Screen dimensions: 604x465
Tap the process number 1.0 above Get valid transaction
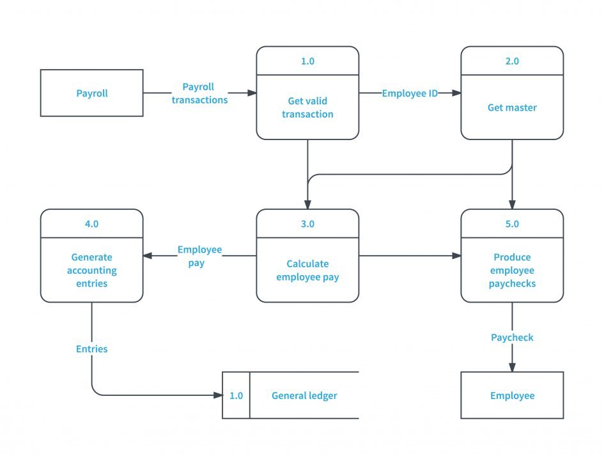[307, 61]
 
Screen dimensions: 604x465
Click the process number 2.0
[512, 61]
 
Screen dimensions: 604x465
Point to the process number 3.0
[307, 224]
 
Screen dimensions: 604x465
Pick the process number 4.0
[91, 224]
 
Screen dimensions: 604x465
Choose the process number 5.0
[512, 224]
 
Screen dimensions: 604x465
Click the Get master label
[512, 107]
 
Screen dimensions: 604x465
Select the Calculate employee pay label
[307, 271]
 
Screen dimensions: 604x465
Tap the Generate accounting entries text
[91, 271]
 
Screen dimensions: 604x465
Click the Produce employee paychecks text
[512, 271]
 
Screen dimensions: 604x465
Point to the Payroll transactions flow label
[199, 93]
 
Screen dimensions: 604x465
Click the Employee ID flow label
[410, 93]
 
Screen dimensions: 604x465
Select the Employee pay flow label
[199, 256]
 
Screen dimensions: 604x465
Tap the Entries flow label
[91, 349]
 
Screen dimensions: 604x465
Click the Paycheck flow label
[512, 337]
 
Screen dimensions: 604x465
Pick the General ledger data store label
[304, 395]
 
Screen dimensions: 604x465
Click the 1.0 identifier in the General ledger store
[236, 395]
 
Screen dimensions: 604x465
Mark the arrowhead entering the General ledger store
[218, 395]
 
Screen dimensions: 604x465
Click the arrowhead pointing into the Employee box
[512, 367]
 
